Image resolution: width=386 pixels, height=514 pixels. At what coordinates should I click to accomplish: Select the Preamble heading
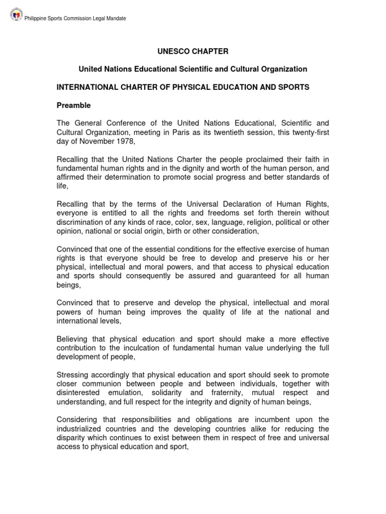click(73, 105)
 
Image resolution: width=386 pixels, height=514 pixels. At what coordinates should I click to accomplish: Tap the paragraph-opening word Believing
click(72, 339)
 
